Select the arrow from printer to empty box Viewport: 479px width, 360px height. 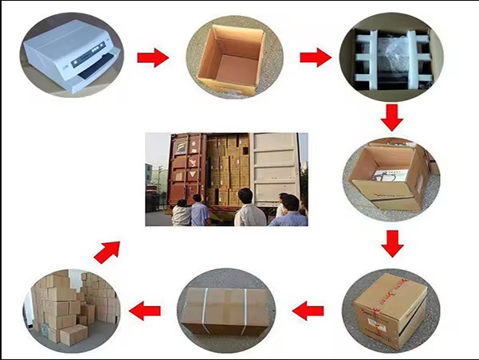(152, 57)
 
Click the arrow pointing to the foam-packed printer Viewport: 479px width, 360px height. (315, 57)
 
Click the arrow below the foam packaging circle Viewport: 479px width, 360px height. (391, 118)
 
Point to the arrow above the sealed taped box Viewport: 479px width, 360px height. (391, 243)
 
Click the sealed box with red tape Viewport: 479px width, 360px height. (390, 307)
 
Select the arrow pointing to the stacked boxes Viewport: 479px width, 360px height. (145, 310)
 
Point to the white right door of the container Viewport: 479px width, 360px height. (274, 166)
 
